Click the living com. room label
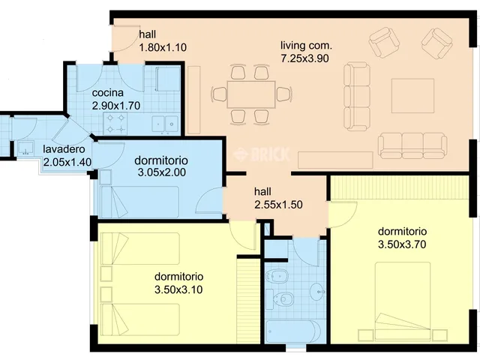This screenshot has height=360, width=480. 306,46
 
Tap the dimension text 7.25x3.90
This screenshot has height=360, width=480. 305,58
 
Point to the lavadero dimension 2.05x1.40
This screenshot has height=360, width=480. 67,162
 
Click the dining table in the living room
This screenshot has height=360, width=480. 251,94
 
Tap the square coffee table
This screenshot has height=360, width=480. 413,96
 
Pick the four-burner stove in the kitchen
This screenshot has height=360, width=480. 115,124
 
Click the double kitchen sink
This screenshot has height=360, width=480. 165,124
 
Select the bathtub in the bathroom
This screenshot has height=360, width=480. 293,331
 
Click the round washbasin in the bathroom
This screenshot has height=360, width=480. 317,291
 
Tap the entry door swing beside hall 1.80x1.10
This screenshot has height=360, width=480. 125,37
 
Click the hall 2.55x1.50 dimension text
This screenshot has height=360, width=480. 278,205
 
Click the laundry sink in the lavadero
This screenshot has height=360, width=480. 25,148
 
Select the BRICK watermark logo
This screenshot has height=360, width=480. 261,154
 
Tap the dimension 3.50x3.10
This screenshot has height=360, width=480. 178,289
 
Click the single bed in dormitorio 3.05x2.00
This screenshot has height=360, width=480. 139,202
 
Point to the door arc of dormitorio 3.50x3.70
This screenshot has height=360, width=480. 343,214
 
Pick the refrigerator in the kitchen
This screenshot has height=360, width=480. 168,79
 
